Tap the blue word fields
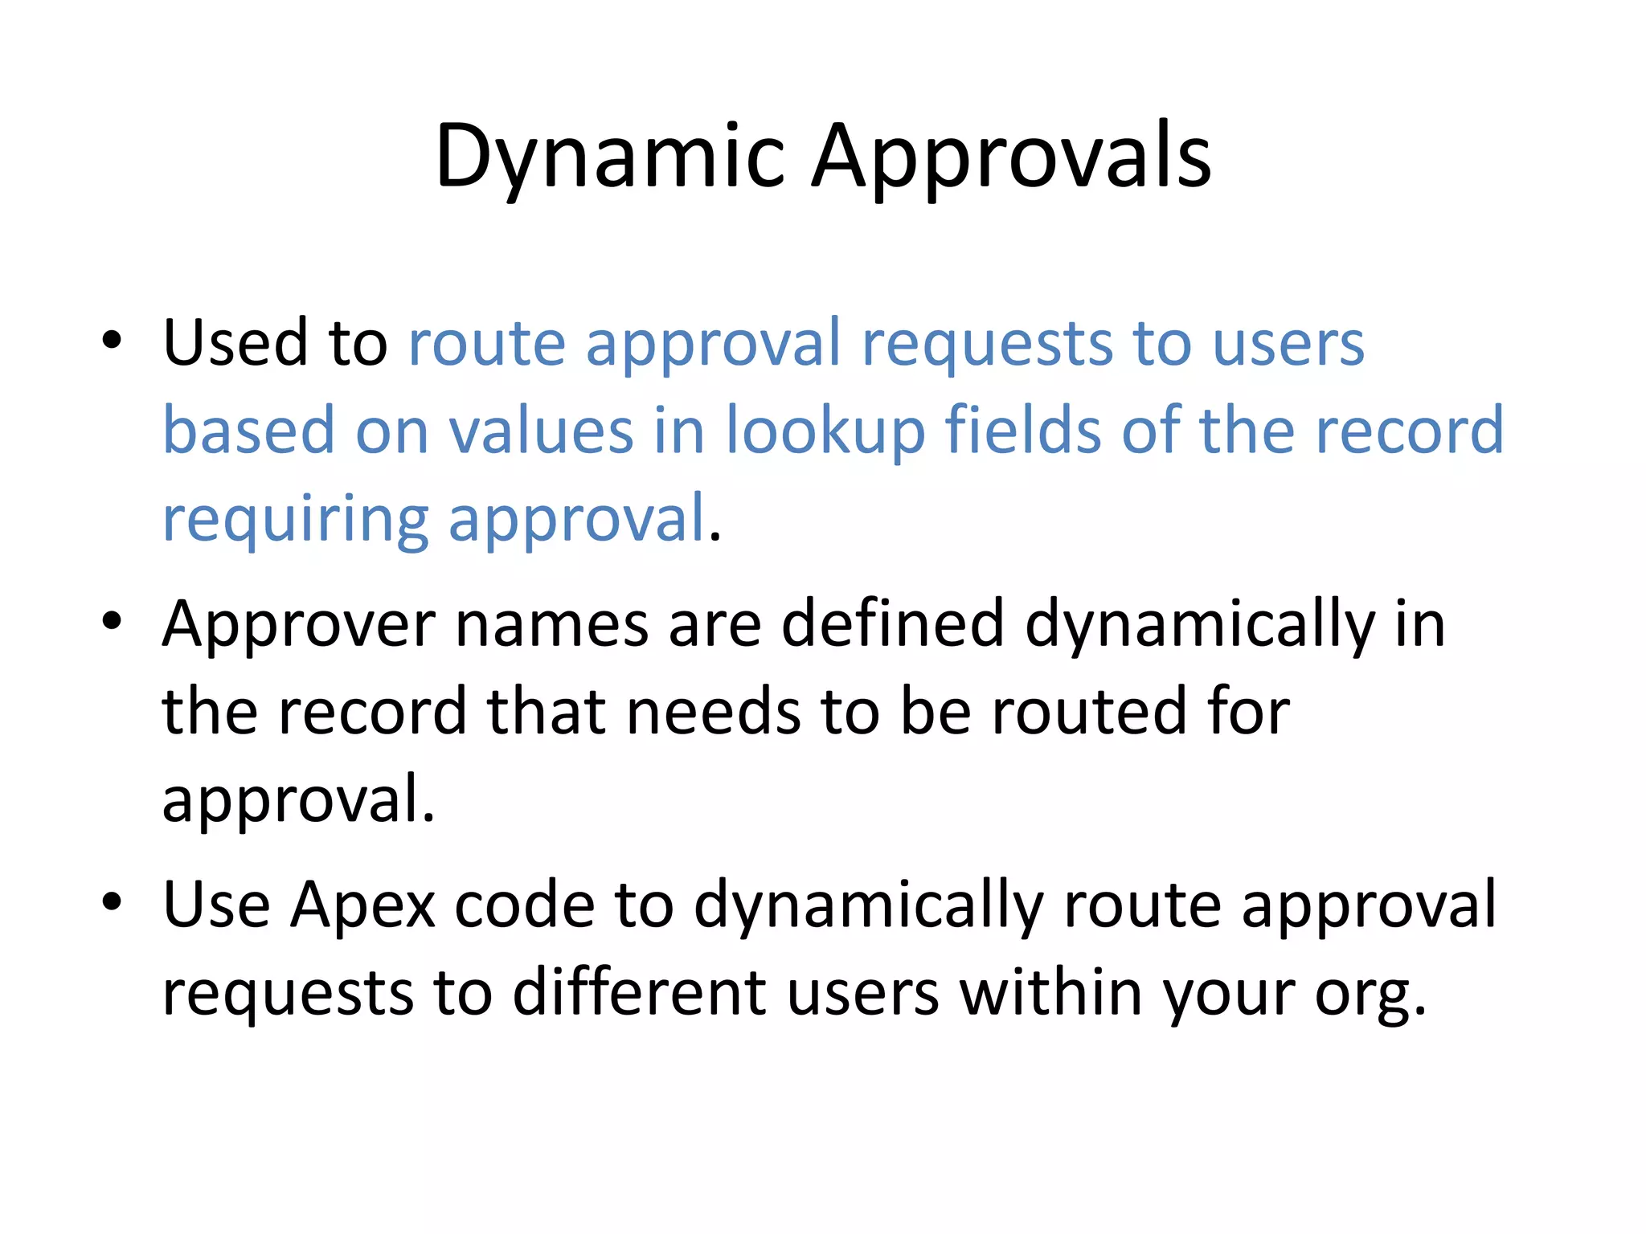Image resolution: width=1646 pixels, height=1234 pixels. (x=1022, y=431)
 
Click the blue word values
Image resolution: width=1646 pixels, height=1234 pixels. (x=541, y=431)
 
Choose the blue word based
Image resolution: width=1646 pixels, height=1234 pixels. (x=248, y=431)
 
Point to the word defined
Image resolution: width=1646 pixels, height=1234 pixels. (x=892, y=624)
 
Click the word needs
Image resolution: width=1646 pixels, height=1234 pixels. (x=713, y=713)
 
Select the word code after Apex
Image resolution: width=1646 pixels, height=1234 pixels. (x=524, y=905)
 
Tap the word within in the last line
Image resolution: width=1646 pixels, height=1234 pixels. (x=1051, y=994)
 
